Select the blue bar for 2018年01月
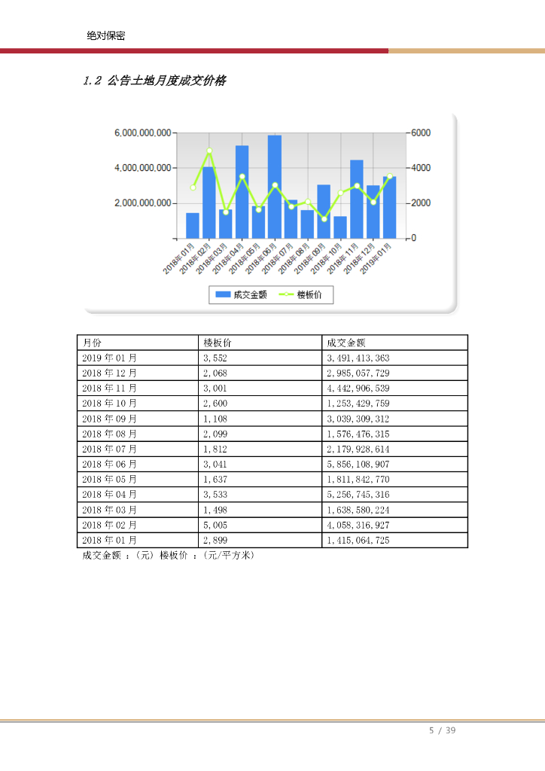pyautogui.click(x=193, y=226)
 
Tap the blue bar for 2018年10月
pyautogui.click(x=340, y=227)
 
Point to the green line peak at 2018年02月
pyautogui.click(x=209, y=151)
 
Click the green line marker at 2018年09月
pyautogui.click(x=324, y=218)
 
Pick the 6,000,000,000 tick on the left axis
pyautogui.click(x=143, y=133)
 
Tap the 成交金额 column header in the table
pyautogui.click(x=346, y=343)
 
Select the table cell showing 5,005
pyautogui.click(x=215, y=526)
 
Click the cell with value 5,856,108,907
pyautogui.click(x=358, y=465)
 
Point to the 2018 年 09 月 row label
pyautogui.click(x=109, y=419)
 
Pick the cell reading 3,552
pyautogui.click(x=215, y=358)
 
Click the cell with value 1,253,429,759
pyautogui.click(x=358, y=404)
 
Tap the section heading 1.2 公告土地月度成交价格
pyautogui.click(x=154, y=81)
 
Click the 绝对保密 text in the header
pyautogui.click(x=106, y=35)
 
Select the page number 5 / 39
pyautogui.click(x=443, y=730)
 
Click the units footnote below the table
pyautogui.click(x=169, y=556)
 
